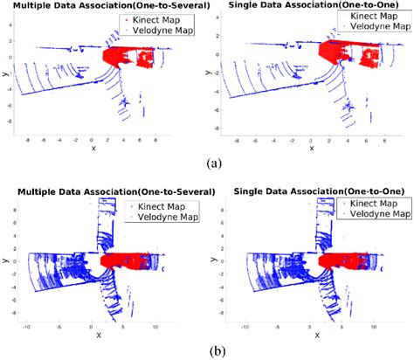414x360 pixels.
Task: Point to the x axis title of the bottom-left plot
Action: point(93,335)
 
